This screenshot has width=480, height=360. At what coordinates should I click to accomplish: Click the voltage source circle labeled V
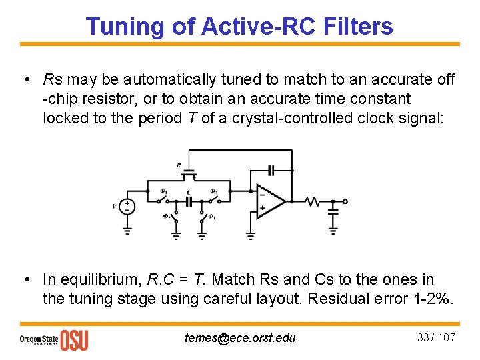tap(127, 207)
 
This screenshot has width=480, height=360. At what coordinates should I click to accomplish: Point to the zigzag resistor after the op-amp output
tap(313, 201)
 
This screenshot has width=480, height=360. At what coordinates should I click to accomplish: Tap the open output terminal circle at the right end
tap(345, 201)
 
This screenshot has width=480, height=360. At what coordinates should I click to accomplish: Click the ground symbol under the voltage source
tap(127, 231)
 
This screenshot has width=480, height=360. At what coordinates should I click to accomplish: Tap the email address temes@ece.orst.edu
tap(240, 338)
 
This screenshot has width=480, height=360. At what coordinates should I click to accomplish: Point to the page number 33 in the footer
tap(423, 337)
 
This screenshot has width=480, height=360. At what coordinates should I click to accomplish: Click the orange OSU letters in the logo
tap(74, 340)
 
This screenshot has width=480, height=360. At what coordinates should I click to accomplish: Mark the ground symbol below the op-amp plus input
tap(250, 233)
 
